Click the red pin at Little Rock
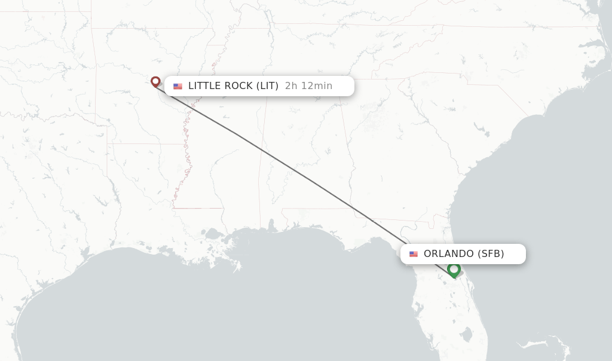[155, 82]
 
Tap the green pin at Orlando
[454, 270]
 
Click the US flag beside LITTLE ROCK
[178, 86]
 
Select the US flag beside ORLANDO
[414, 254]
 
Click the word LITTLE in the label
[203, 86]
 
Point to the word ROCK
[237, 86]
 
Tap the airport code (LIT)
[267, 86]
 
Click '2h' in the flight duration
[291, 86]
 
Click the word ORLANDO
[449, 254]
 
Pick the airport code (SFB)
[491, 254]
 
